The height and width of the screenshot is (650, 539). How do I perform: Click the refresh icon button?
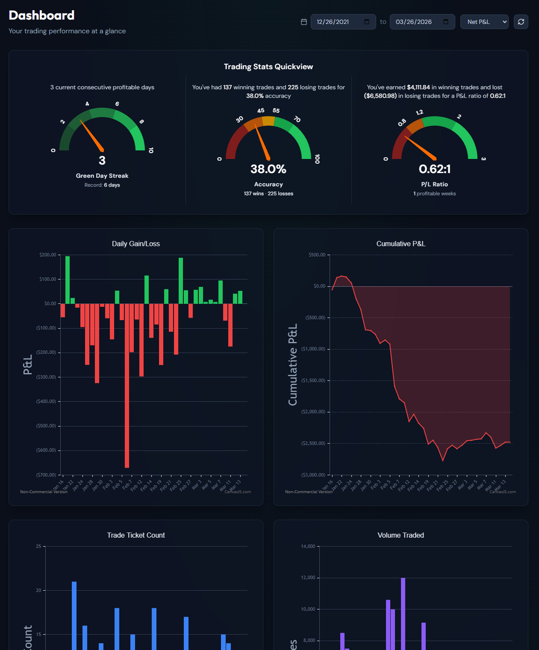click(521, 22)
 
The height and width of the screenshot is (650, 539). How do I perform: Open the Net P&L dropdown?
click(484, 22)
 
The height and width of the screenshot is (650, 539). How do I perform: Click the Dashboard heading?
click(42, 15)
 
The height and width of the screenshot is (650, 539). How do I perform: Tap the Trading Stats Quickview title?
click(268, 67)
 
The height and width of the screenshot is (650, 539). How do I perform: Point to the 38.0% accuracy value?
click(268, 169)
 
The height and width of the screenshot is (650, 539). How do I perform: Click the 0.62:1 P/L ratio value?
click(434, 169)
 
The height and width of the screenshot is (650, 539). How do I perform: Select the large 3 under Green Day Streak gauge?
click(102, 160)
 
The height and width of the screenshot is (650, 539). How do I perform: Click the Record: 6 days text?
click(102, 185)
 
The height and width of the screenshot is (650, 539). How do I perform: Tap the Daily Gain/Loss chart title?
click(136, 244)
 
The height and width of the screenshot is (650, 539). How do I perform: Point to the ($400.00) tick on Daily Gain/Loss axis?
click(46, 402)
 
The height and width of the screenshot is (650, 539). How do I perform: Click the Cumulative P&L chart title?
click(400, 244)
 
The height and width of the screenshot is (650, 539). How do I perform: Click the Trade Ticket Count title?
click(136, 535)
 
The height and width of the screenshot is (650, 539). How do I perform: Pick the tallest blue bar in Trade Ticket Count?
click(74, 614)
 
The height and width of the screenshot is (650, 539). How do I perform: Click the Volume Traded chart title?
click(400, 535)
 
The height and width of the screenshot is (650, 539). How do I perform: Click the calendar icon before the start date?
click(303, 22)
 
